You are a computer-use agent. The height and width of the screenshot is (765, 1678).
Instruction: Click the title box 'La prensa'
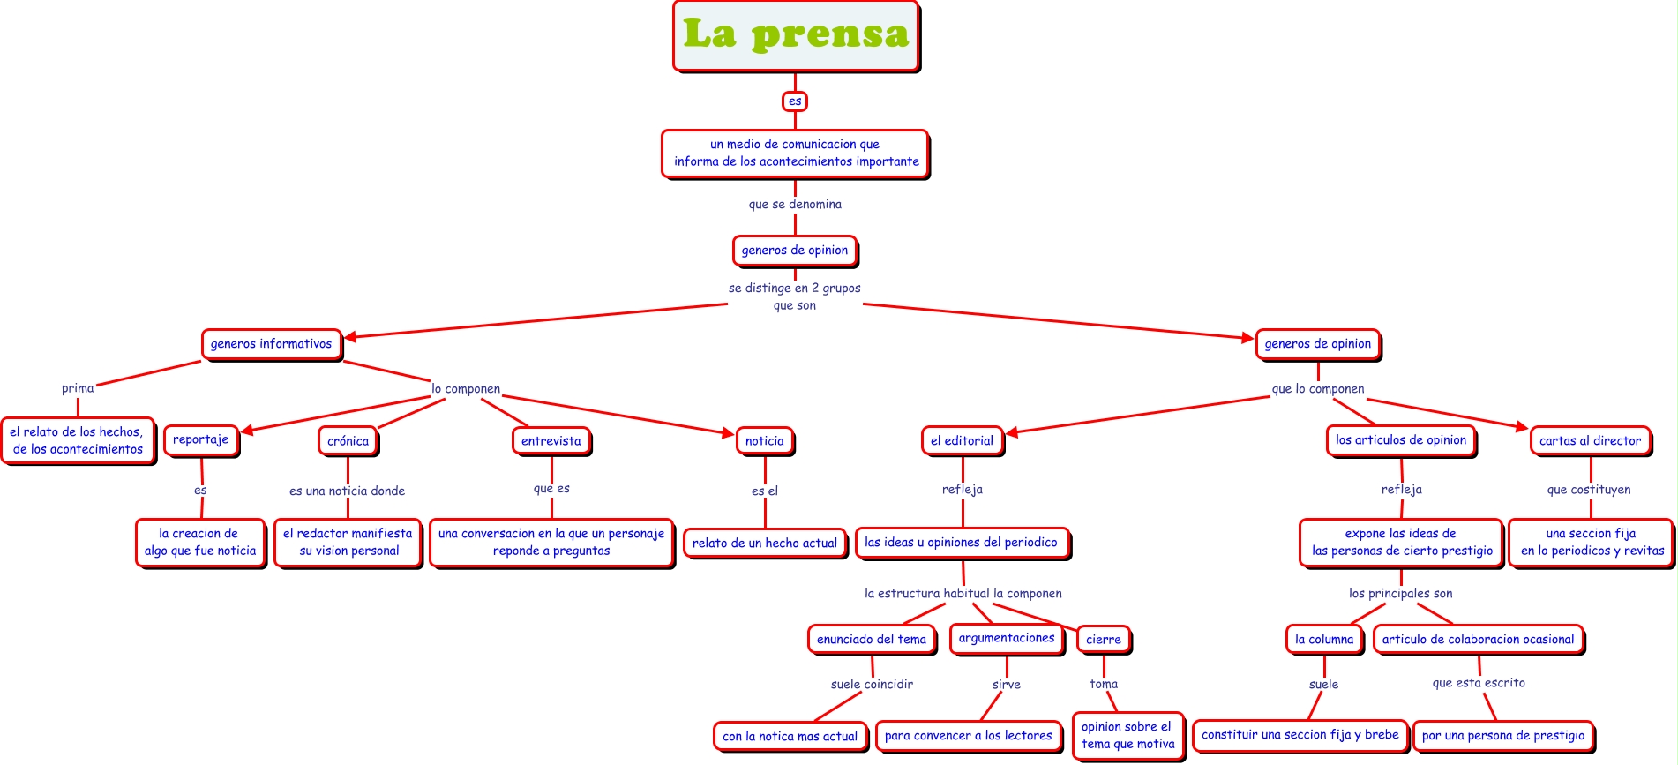click(796, 36)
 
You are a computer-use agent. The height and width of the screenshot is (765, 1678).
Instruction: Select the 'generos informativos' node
click(272, 344)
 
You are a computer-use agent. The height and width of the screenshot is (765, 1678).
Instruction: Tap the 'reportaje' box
click(200, 439)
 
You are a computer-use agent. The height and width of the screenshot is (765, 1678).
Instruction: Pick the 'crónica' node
click(348, 441)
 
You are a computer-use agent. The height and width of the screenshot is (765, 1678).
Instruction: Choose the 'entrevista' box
click(551, 441)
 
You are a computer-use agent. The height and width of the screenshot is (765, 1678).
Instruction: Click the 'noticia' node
click(764, 441)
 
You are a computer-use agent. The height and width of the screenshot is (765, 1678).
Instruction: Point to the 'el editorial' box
click(962, 440)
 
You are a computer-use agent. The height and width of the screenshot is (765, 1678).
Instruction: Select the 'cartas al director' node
click(1590, 440)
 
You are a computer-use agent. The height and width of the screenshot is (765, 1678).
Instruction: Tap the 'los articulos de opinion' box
click(1401, 440)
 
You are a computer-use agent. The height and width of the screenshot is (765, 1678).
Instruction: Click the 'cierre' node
click(1103, 640)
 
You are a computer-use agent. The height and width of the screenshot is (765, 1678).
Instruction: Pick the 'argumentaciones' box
click(1007, 638)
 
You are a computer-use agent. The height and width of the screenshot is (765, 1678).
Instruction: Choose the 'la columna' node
click(1324, 640)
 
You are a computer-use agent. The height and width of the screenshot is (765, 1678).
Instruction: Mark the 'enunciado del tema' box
click(872, 640)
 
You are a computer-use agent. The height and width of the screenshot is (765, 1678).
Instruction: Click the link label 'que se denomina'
click(795, 205)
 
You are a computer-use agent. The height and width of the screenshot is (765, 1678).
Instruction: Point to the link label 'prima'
click(78, 388)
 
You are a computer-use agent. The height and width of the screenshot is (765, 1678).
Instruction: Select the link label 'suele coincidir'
click(872, 685)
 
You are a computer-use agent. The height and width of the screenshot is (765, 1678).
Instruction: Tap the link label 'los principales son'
click(1400, 594)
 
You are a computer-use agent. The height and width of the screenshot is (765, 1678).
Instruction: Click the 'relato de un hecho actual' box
click(765, 544)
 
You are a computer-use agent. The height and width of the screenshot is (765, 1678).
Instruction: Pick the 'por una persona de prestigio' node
click(1503, 736)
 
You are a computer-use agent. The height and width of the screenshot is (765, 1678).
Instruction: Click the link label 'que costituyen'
click(1589, 490)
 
